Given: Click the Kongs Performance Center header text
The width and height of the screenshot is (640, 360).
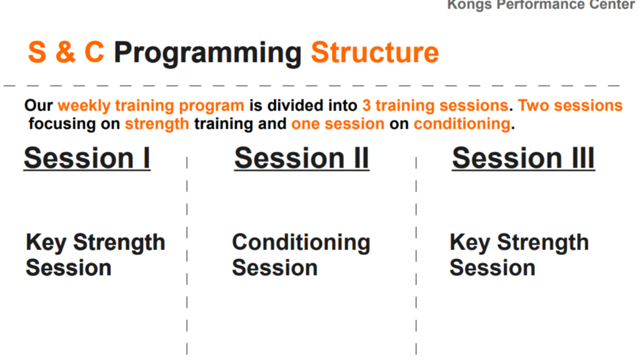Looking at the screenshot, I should click(x=541, y=5).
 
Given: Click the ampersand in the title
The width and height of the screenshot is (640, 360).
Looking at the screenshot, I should click(x=65, y=53).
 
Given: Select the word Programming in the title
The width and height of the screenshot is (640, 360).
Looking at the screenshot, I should click(x=207, y=53).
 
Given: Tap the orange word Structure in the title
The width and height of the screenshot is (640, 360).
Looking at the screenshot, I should click(x=374, y=53).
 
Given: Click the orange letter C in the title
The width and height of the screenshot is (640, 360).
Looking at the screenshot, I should click(x=94, y=53).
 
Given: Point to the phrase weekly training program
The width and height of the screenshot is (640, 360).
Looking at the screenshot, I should click(x=151, y=106).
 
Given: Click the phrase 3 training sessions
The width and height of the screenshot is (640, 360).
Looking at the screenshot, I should click(x=435, y=106).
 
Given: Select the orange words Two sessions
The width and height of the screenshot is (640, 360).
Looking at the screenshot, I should click(x=570, y=106).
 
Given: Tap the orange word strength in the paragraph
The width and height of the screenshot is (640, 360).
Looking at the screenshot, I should click(x=157, y=124).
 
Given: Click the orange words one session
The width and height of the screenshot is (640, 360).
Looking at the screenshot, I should click(x=338, y=124).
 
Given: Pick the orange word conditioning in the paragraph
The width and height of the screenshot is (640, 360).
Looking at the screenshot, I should click(x=462, y=124).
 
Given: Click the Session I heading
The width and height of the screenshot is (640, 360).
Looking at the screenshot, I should click(x=87, y=158).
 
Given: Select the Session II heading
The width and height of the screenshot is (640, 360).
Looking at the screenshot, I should click(x=301, y=158).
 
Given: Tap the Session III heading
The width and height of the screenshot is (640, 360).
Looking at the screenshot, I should click(x=523, y=158).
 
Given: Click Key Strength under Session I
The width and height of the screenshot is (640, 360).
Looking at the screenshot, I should click(x=95, y=243).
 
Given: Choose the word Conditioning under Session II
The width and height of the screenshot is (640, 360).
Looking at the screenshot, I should click(x=301, y=243).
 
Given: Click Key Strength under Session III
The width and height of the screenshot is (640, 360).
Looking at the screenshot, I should click(x=519, y=243).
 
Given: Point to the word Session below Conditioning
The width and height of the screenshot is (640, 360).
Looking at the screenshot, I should click(x=274, y=268).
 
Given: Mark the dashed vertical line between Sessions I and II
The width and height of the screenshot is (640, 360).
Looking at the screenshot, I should click(x=187, y=255).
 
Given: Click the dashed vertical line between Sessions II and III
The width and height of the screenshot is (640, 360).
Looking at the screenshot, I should click(x=416, y=255).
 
